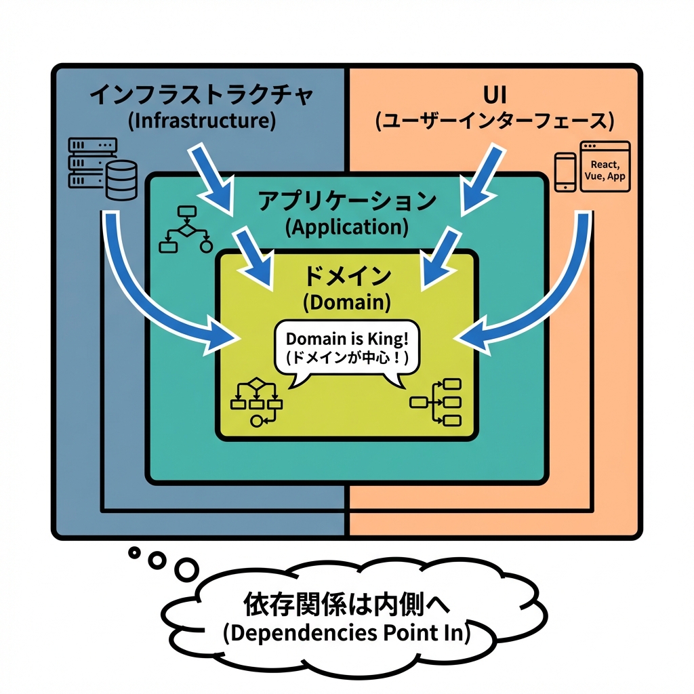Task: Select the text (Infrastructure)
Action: point(201,121)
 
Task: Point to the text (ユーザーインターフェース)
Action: point(494,121)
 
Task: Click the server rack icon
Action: point(91,163)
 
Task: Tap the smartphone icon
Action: point(565,171)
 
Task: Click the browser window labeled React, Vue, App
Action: point(605,167)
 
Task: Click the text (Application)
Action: point(346,227)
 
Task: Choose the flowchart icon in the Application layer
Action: point(184,229)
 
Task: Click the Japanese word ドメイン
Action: point(346,277)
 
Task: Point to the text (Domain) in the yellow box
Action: point(346,302)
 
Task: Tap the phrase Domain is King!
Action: point(347,339)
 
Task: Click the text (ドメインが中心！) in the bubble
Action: point(347,359)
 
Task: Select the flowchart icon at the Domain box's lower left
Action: point(256,401)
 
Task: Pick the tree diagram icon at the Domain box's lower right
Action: point(436,402)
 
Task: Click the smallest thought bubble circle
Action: point(134,552)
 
